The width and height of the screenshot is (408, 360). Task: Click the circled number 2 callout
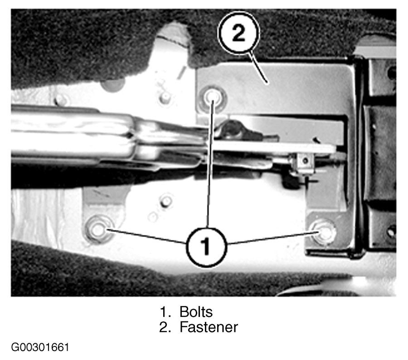238,33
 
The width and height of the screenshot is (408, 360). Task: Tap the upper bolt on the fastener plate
212,98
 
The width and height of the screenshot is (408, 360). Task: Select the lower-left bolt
98,229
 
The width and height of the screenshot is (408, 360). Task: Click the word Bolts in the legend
196,311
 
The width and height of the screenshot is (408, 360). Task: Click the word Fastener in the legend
209,327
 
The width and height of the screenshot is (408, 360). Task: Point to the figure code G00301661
40,347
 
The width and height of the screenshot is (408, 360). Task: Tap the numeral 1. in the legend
165,312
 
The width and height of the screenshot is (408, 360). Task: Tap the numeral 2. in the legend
165,327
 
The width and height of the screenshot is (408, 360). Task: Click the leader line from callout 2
258,68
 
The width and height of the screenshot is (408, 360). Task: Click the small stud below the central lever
165,201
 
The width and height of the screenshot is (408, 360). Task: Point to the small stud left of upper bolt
164,98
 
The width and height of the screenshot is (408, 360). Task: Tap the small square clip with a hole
305,161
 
